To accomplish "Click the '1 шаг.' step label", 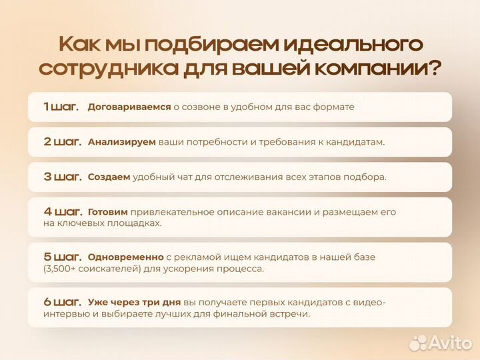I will pyautogui.click(x=61, y=106).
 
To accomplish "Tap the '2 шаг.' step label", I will pyautogui.click(x=62, y=141).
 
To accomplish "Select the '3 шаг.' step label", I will pyautogui.click(x=62, y=177).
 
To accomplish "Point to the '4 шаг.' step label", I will pyautogui.click(x=62, y=211).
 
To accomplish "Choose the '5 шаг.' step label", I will pyautogui.click(x=62, y=256).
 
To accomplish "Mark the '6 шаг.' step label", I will pyautogui.click(x=62, y=301).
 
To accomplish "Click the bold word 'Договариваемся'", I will pyautogui.click(x=129, y=107).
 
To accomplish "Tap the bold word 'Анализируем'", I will pyautogui.click(x=122, y=142).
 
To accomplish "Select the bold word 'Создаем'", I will pyautogui.click(x=109, y=177).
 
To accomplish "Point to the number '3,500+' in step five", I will pyautogui.click(x=63, y=269).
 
